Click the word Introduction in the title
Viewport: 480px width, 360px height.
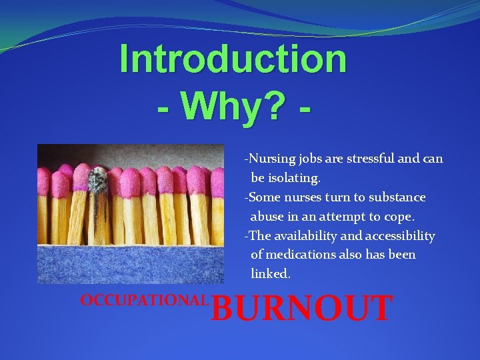233,59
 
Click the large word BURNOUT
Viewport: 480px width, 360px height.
301,309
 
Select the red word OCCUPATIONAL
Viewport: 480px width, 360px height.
144,300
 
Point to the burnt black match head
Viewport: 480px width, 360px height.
98,179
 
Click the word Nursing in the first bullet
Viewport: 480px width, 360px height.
271,159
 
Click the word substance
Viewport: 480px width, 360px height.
397,197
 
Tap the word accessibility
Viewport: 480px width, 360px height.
400,236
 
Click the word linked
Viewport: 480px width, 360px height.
270,273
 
